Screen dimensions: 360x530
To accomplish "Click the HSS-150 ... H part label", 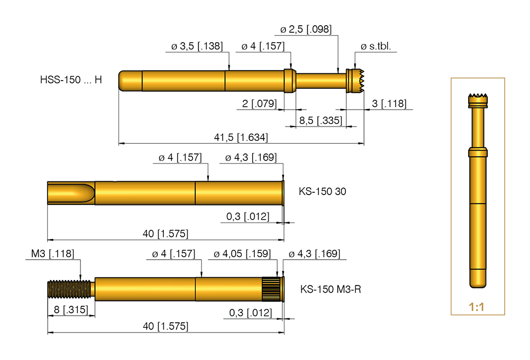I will [x=71, y=80].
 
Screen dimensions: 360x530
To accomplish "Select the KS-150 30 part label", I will [x=322, y=192].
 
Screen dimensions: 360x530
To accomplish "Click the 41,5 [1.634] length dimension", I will [x=241, y=137].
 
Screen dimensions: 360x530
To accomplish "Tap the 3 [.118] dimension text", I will [x=389, y=104].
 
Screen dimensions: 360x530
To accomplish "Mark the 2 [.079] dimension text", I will [x=260, y=104].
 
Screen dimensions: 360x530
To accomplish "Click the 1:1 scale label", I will [x=477, y=307].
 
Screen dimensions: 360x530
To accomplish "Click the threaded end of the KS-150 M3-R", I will [x=69, y=289].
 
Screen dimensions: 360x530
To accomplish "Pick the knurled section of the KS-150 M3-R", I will [x=271, y=289].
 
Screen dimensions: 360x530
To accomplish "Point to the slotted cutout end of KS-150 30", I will [x=71, y=193].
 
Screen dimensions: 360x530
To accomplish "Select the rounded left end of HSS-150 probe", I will [x=126, y=81].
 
